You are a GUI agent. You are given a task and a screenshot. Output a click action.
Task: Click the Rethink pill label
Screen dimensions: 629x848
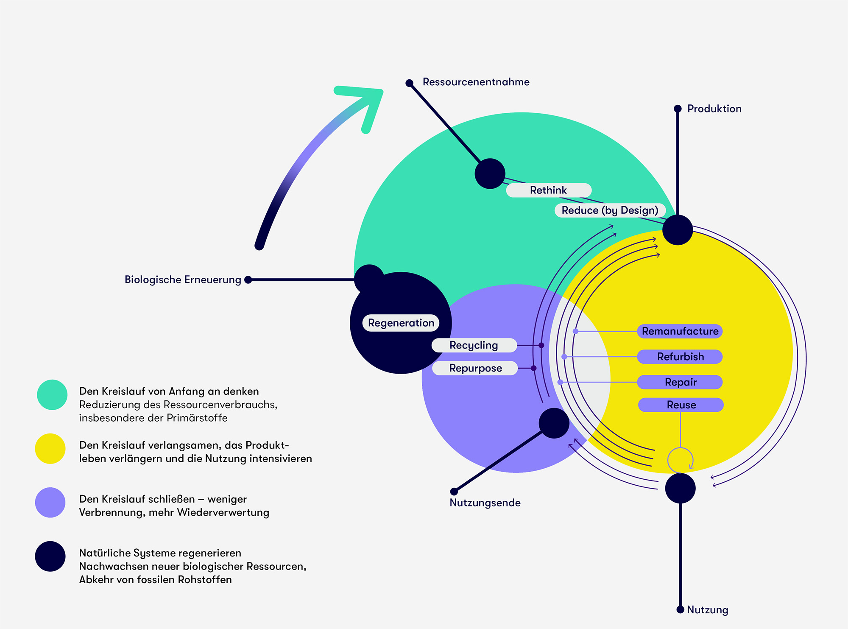pyautogui.click(x=548, y=190)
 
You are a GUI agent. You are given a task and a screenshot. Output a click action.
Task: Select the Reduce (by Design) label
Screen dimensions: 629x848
pyautogui.click(x=610, y=210)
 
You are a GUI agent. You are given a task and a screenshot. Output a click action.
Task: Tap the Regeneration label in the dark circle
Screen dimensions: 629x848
pyautogui.click(x=401, y=323)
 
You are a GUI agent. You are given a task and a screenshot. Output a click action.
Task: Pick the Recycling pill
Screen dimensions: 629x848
pyautogui.click(x=474, y=345)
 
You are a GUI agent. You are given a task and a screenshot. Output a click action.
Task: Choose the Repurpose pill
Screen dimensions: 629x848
pyautogui.click(x=475, y=368)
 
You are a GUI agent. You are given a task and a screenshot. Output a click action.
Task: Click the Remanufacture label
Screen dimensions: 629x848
pyautogui.click(x=680, y=331)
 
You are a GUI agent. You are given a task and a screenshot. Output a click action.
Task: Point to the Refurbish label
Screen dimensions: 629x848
pyautogui.click(x=680, y=357)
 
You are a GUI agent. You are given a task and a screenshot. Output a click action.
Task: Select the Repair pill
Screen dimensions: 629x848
pyautogui.click(x=680, y=382)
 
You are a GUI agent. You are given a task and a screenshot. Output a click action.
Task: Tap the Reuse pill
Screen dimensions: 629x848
pyautogui.click(x=681, y=405)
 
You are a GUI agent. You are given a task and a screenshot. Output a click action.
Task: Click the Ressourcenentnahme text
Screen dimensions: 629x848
pyautogui.click(x=476, y=82)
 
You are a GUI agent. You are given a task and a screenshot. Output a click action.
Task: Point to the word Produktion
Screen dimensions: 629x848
pyautogui.click(x=714, y=109)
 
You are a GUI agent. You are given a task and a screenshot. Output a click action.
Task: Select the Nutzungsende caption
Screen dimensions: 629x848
pyautogui.click(x=485, y=503)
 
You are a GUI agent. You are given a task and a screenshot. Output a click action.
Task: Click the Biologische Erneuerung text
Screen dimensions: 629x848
pyautogui.click(x=183, y=280)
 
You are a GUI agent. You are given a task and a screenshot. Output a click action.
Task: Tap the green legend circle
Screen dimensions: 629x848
pyautogui.click(x=52, y=394)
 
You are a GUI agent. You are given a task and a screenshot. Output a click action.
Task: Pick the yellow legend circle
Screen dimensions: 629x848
pyautogui.click(x=50, y=448)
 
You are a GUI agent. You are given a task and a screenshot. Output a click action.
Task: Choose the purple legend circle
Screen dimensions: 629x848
pyautogui.click(x=50, y=502)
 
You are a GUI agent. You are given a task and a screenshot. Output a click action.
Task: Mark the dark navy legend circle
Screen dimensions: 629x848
pyautogui.click(x=50, y=556)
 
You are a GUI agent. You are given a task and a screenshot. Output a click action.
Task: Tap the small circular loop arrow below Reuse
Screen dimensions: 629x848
pyautogui.click(x=680, y=460)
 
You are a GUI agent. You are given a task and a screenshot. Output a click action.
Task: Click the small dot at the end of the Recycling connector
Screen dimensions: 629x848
pyautogui.click(x=541, y=345)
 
